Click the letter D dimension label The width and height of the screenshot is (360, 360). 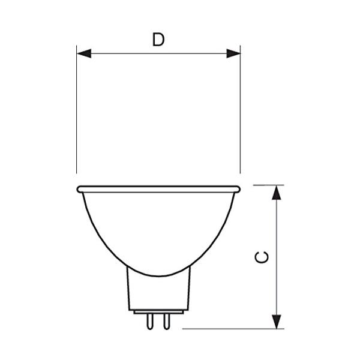[x=158, y=40]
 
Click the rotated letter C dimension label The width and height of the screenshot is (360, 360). [x=262, y=257]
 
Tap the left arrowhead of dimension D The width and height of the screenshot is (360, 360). [x=84, y=53]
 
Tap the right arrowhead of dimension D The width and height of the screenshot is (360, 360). [x=233, y=53]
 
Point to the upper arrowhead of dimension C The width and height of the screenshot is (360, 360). [x=277, y=193]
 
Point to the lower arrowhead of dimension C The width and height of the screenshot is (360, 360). [x=277, y=322]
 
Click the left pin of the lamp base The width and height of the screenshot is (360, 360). [x=150, y=322]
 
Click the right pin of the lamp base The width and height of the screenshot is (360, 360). [x=167, y=322]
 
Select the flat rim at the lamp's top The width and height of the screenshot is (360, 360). [x=158, y=189]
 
